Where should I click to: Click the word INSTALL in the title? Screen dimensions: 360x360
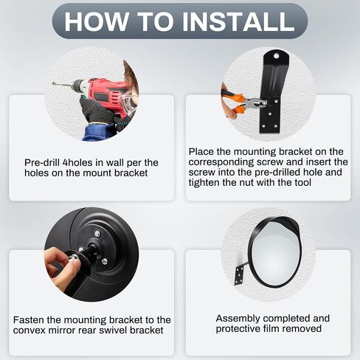[x=238, y=21]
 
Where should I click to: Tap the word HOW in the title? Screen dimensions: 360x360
[x=97, y=21]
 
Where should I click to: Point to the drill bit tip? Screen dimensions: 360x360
[x=53, y=83]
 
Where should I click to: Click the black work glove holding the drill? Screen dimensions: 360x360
[x=97, y=111]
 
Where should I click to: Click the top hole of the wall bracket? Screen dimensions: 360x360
[x=277, y=56]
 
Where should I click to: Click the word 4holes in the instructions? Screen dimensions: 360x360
[x=79, y=162]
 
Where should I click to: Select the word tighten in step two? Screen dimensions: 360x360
[x=204, y=183]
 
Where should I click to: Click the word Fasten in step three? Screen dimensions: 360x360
[x=29, y=320]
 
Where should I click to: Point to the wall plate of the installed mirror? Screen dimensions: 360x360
[x=239, y=276]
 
